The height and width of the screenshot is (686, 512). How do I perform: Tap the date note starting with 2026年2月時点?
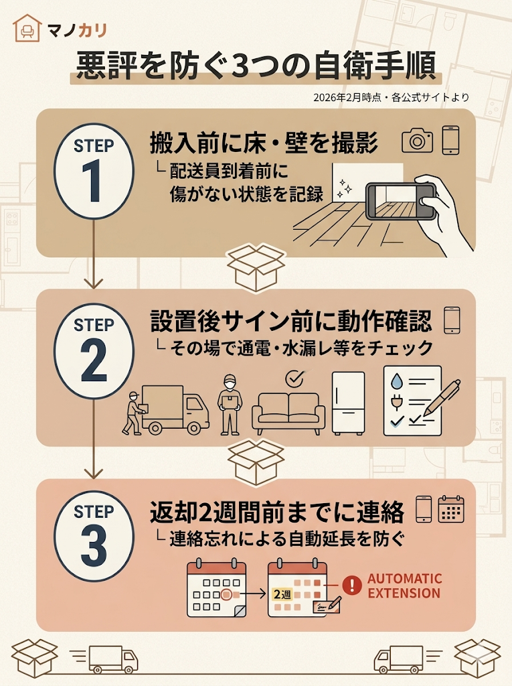[x=391, y=97]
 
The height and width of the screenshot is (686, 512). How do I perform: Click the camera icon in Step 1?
[x=418, y=141]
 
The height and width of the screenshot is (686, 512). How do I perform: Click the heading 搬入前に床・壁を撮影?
[x=264, y=143]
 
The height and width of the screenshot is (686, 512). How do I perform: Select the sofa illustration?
[x=288, y=412]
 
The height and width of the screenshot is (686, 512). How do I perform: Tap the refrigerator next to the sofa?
[x=349, y=403]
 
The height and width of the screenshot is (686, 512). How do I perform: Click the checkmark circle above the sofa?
[x=293, y=379]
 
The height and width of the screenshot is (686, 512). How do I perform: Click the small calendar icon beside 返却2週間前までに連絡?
[x=450, y=510]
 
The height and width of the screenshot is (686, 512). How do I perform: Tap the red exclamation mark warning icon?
[x=351, y=586]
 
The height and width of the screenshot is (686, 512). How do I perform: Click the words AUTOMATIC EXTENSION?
[x=404, y=586]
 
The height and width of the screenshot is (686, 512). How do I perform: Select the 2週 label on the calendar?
[x=280, y=594]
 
